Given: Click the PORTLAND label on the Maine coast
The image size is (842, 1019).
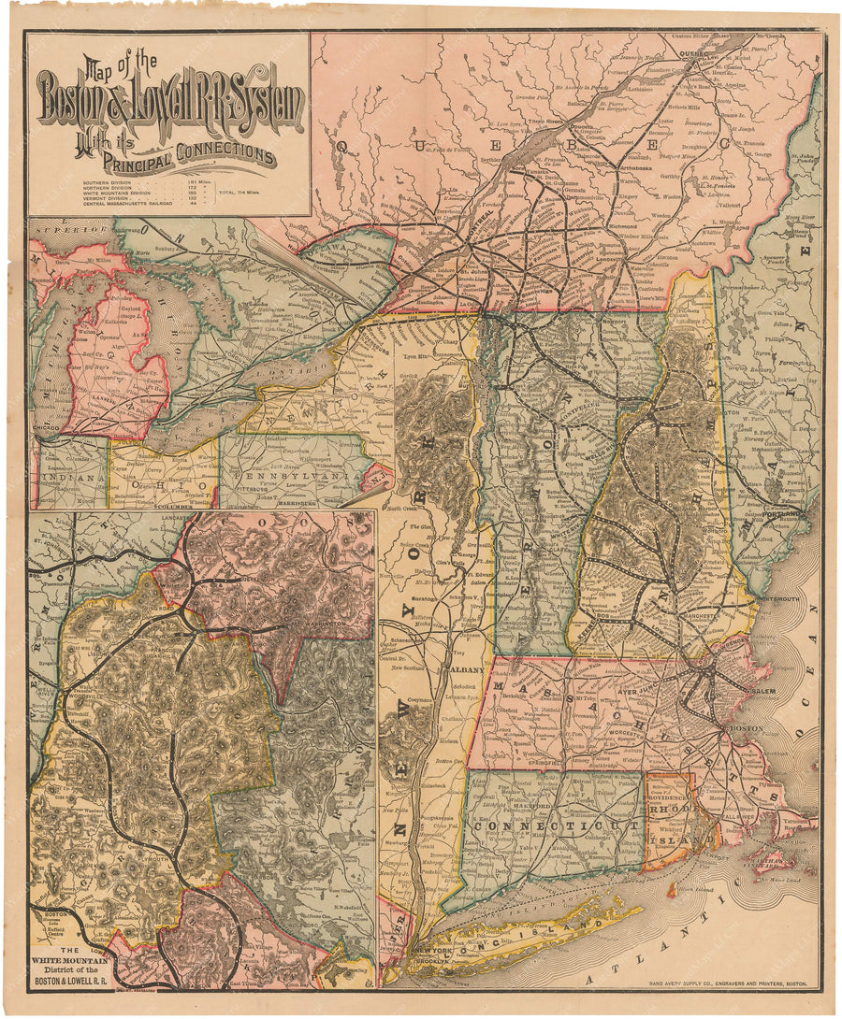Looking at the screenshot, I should click(x=784, y=514).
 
